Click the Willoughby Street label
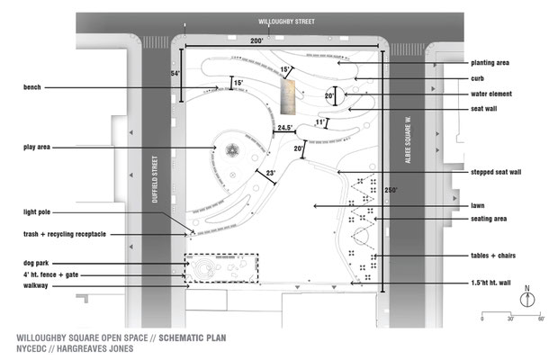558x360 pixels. pyautogui.click(x=286, y=22)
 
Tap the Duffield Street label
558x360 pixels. pyautogui.click(x=155, y=179)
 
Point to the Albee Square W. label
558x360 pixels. pyautogui.click(x=408, y=139)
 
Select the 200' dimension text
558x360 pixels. pyautogui.click(x=256, y=40)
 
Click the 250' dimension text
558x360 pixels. pyautogui.click(x=391, y=190)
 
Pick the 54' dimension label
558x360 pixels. pyautogui.click(x=175, y=74)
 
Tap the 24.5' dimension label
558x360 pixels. pyautogui.click(x=285, y=128)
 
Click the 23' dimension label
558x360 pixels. pyautogui.click(x=271, y=173)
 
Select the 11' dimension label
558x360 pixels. pyautogui.click(x=320, y=122)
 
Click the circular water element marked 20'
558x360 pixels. pyautogui.click(x=335, y=95)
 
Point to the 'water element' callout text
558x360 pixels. pyautogui.click(x=491, y=94)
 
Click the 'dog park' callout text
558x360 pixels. pyautogui.click(x=36, y=263)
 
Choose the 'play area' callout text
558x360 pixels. pyautogui.click(x=37, y=147)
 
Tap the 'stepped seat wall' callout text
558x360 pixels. pyautogui.click(x=496, y=172)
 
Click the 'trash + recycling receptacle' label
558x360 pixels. pyautogui.click(x=65, y=234)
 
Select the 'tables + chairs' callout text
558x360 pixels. pyautogui.click(x=493, y=256)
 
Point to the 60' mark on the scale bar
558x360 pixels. pyautogui.click(x=541, y=319)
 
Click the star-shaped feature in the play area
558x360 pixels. pyautogui.click(x=232, y=151)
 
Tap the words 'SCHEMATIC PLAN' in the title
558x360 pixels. pyautogui.click(x=193, y=337)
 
